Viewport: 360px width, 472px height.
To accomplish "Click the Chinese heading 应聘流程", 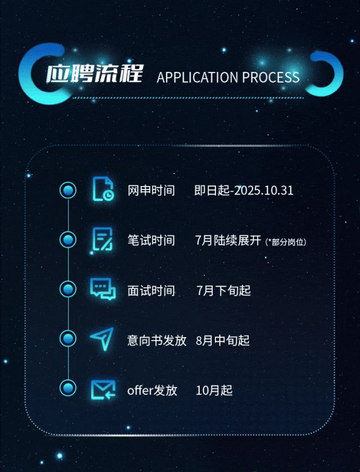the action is click(x=94, y=74).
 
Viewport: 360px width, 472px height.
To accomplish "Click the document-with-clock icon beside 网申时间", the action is click(x=103, y=189).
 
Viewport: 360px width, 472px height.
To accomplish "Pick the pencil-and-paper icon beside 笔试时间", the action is click(x=103, y=239).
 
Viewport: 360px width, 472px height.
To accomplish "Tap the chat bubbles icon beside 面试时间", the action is click(x=103, y=289).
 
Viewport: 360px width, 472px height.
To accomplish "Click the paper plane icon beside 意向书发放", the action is click(x=102, y=339).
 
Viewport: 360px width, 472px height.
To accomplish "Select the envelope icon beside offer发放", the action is click(x=103, y=389).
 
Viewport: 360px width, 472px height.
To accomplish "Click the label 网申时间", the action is click(x=151, y=190).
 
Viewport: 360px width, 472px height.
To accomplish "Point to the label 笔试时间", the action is click(x=151, y=240).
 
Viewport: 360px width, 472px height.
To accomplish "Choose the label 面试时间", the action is click(x=151, y=291).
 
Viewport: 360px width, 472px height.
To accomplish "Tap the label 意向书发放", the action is click(x=156, y=340).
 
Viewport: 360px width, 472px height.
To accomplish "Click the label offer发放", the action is click(x=152, y=390).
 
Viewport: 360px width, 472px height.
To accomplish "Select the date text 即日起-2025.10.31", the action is click(x=244, y=190).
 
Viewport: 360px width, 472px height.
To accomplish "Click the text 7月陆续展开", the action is click(x=228, y=240).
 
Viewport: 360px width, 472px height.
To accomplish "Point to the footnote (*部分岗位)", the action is click(x=286, y=242).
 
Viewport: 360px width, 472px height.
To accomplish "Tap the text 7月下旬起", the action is click(x=223, y=291).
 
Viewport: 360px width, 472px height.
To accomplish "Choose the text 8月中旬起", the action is click(x=223, y=340).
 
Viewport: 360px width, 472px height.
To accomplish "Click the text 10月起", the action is click(x=214, y=390).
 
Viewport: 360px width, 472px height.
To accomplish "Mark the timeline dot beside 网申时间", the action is click(x=68, y=190).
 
